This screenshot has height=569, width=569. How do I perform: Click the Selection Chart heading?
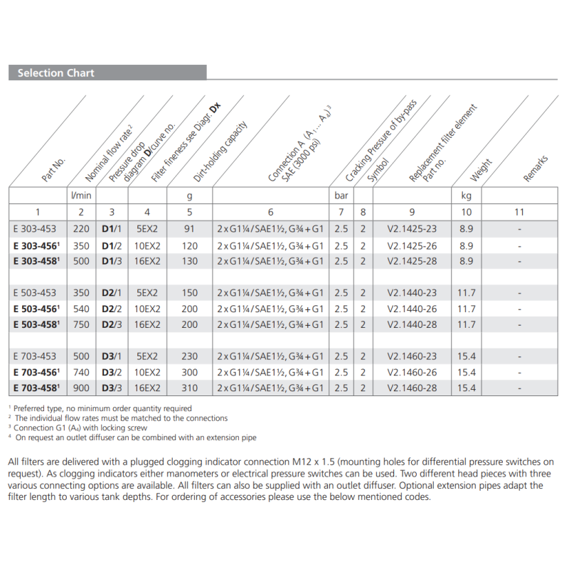(55, 73)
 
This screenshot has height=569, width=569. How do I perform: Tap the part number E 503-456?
(38, 309)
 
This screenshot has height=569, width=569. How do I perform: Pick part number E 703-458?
(38, 388)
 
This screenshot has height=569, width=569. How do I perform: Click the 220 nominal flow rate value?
(80, 229)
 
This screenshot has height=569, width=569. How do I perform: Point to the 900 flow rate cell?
(80, 388)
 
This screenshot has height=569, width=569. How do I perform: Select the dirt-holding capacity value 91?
(189, 229)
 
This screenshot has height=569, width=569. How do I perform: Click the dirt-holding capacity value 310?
(189, 388)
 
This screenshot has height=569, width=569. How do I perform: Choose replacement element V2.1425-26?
(412, 245)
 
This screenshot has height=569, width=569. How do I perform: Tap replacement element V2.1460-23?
(412, 356)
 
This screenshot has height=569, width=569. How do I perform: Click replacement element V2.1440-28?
(412, 324)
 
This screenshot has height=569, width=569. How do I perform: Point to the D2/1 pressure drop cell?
(111, 292)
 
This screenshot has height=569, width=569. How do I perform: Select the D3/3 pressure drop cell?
(111, 388)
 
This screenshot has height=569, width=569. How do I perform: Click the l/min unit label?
(80, 194)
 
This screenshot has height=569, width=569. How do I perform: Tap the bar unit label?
(341, 194)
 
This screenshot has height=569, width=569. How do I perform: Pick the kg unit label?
(467, 194)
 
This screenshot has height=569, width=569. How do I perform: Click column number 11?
(519, 211)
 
